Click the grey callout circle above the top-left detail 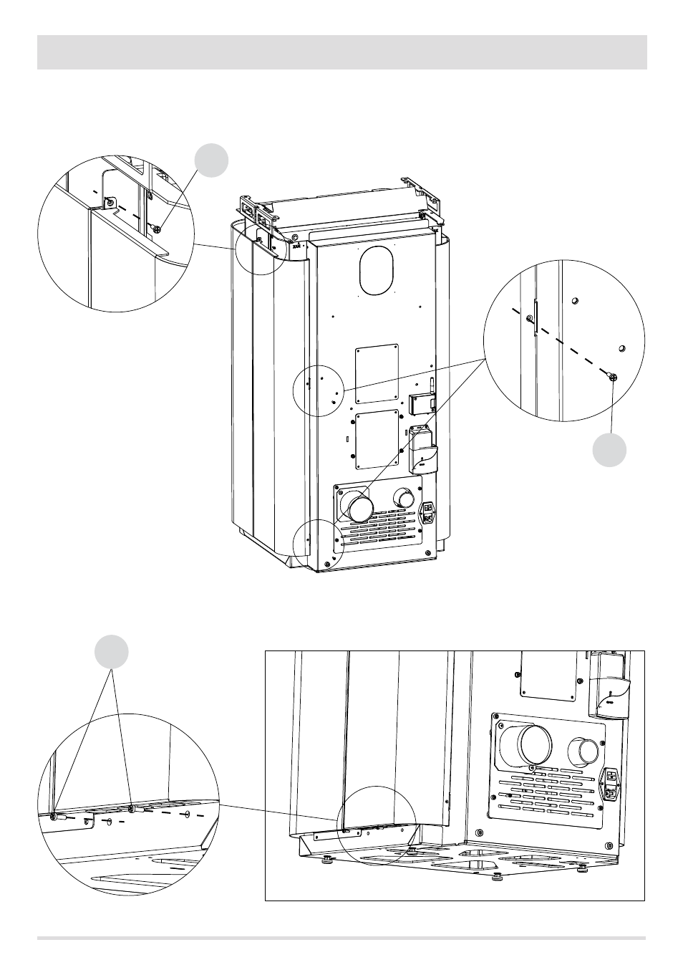pos(213,159)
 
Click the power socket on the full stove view pos(430,511)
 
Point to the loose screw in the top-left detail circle pos(157,229)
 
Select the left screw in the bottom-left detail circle pos(54,816)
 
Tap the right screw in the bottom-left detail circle pos(132,810)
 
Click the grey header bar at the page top pos(341,52)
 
